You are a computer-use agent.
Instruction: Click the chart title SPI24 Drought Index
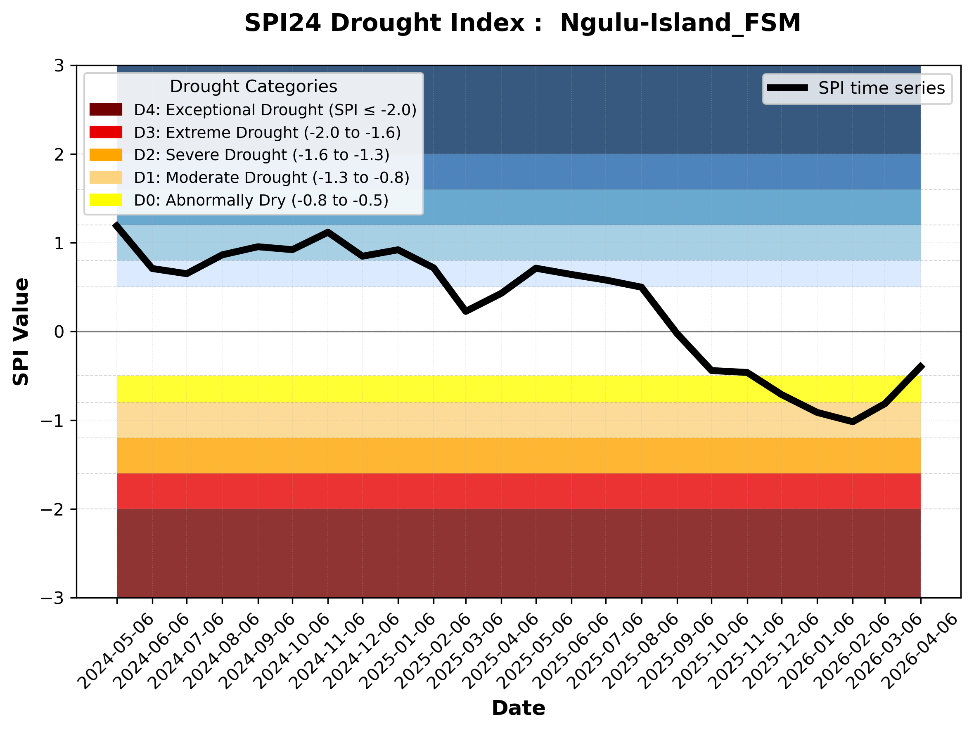coord(522,23)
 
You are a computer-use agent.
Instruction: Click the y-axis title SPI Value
coord(21,332)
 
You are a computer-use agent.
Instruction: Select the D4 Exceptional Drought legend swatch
coord(106,109)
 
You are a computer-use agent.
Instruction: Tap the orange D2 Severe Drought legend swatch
coord(106,155)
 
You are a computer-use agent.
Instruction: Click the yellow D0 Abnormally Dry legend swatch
coord(106,200)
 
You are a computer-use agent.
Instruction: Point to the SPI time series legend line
coord(787,88)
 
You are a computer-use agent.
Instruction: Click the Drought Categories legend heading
coord(253,86)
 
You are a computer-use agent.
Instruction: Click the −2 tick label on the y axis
coord(52,509)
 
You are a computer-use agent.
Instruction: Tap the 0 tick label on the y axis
coord(59,332)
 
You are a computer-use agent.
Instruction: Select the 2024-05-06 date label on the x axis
coord(116,651)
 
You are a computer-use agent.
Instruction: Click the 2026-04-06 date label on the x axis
coord(920,651)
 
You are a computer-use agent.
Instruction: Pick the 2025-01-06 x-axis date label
coord(398,651)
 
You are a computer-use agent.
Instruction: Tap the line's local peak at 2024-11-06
coord(327,232)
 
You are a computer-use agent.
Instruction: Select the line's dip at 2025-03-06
coord(466,311)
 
